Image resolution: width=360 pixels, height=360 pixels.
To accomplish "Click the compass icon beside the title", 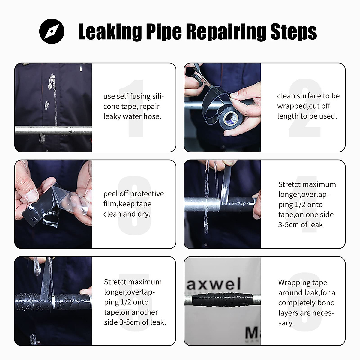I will pos(52,31).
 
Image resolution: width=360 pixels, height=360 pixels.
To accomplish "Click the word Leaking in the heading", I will pos(110,31).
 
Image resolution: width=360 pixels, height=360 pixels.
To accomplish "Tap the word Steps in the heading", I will pos(293,31).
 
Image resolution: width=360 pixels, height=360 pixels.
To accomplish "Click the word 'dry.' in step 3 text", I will pos(144,214).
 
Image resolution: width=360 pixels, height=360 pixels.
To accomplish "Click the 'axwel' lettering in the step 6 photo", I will pos(214,283).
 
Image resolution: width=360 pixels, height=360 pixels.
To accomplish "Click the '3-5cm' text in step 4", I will pos(288,225).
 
